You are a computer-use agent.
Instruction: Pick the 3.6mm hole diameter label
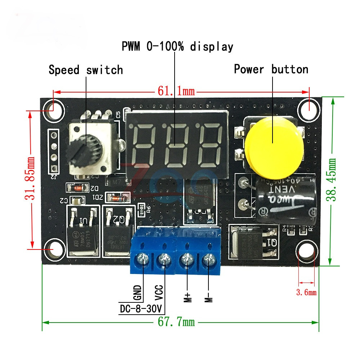(306, 292)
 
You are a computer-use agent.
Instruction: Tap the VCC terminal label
(159, 292)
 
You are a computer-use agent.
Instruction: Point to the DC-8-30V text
(141, 309)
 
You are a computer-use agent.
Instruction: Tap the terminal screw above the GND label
(145, 258)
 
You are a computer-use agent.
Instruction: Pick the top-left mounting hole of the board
(53, 107)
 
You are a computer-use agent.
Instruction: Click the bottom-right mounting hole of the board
(306, 252)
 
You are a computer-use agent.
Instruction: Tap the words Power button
(271, 69)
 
